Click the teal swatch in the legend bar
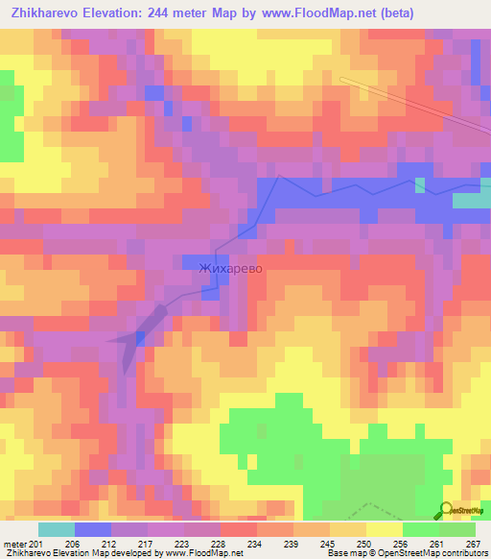(x=56, y=529)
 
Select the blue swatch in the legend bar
(x=92, y=529)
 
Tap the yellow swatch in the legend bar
(x=384, y=529)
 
